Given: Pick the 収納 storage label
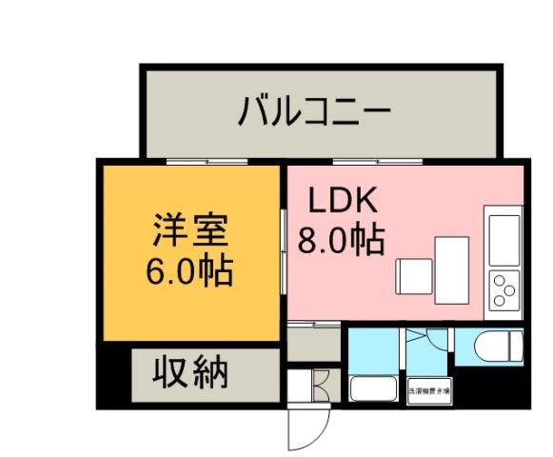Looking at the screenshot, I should [x=191, y=372].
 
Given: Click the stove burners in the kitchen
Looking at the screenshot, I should [x=503, y=286].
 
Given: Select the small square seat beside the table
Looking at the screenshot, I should [x=414, y=276].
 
